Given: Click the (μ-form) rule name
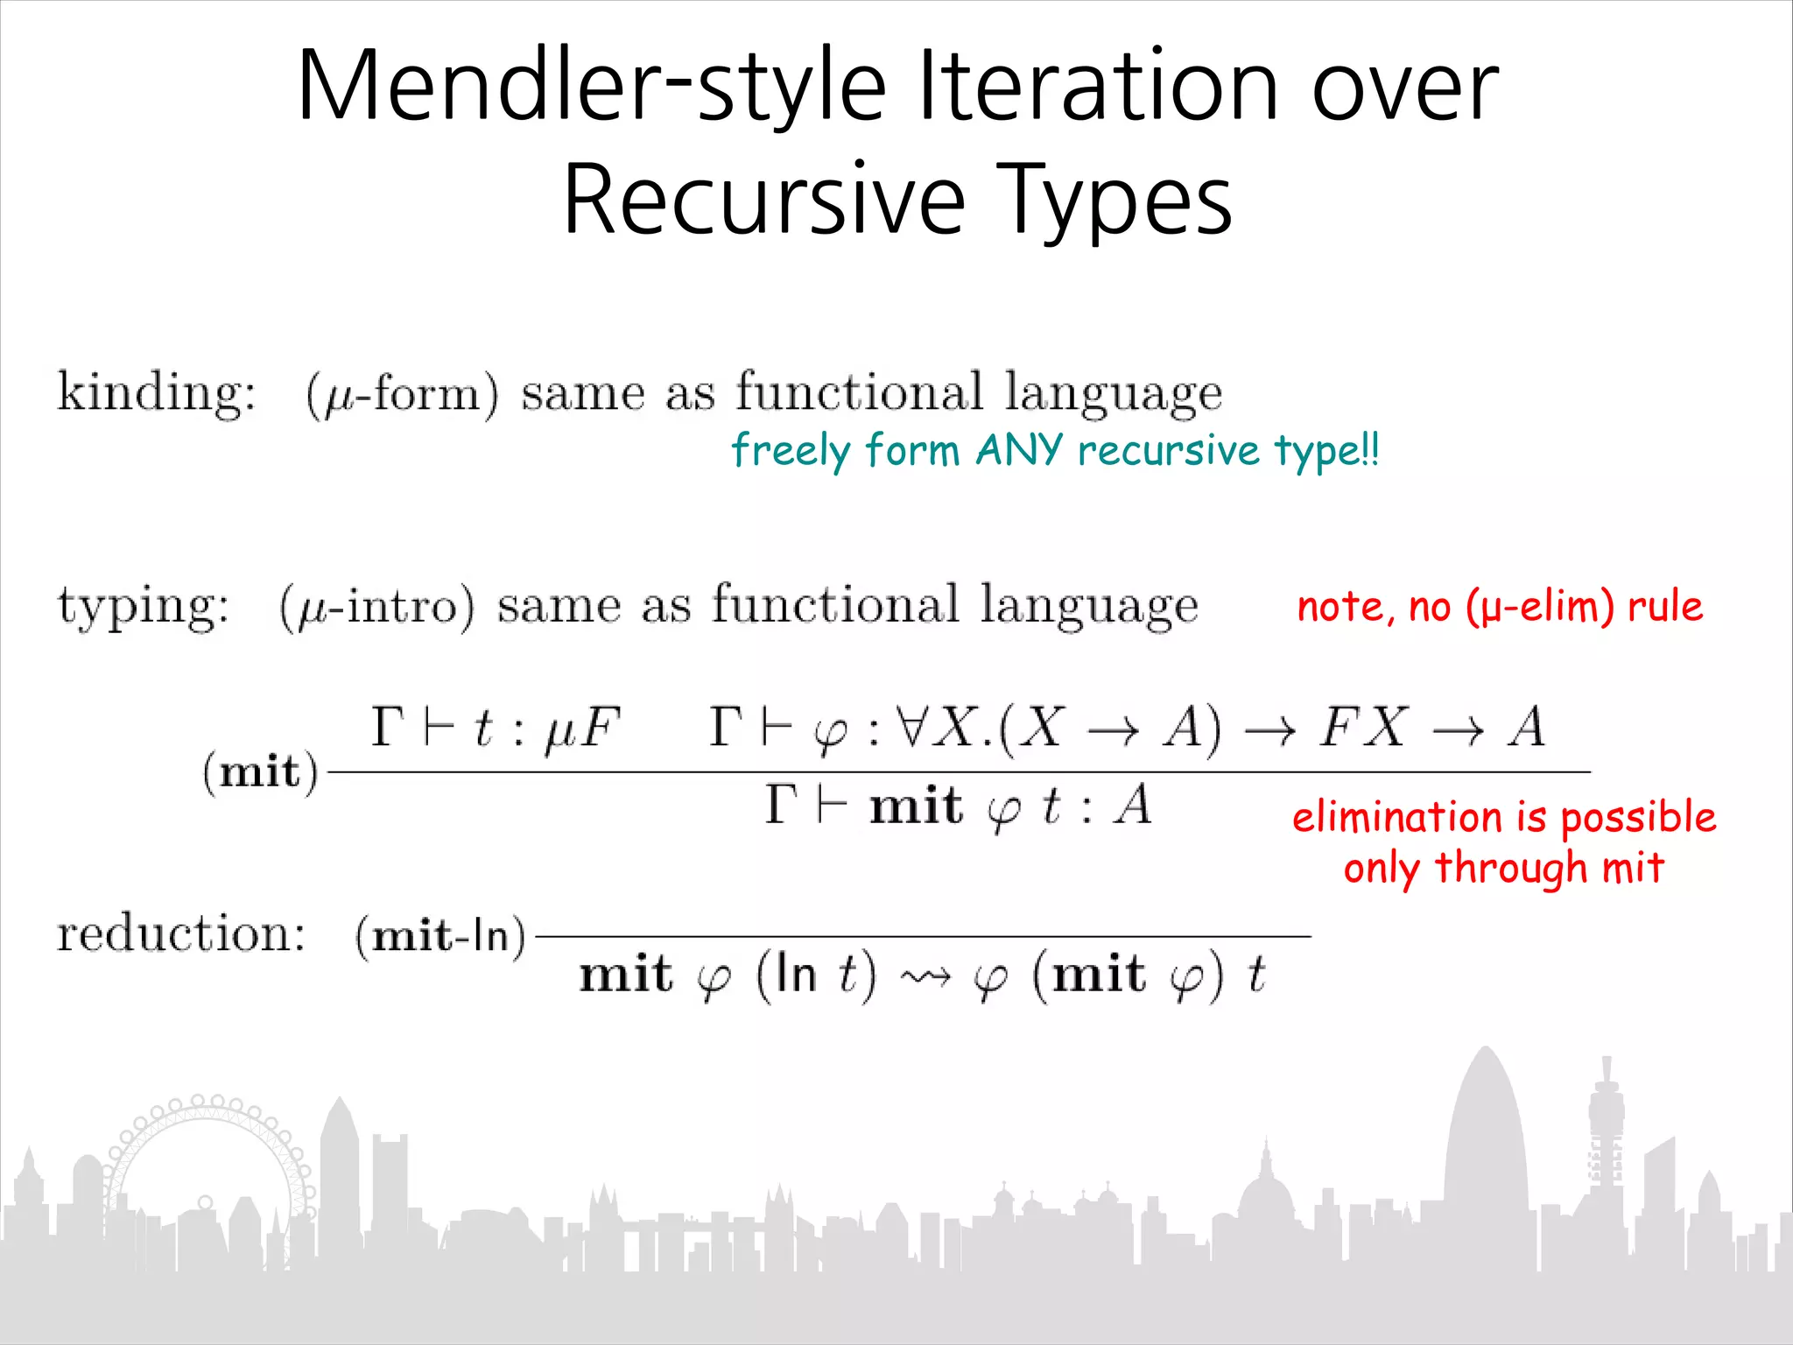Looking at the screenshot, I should tap(403, 394).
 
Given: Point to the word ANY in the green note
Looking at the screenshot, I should tap(1019, 450).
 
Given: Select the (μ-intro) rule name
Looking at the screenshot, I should tap(377, 606).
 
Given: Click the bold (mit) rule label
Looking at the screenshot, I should tap(260, 772).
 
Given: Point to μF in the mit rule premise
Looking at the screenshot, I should tap(582, 729).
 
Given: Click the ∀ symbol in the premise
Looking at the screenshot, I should tap(911, 727).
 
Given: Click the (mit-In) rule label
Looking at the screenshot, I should tap(440, 936).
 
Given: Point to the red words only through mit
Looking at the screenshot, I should tap(1503, 868).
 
